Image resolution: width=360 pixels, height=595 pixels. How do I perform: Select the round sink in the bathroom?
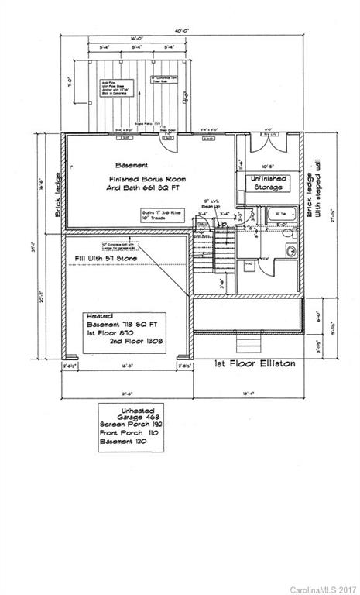click(x=290, y=250)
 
